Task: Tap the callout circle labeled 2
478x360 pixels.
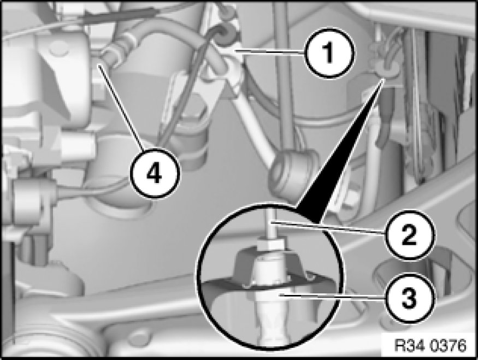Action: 409,234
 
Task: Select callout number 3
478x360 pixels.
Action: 409,298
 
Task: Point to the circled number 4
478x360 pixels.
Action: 155,174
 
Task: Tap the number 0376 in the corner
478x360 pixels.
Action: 448,346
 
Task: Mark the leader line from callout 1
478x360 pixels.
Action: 269,51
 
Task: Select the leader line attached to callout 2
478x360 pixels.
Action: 329,227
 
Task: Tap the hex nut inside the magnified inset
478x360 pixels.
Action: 271,244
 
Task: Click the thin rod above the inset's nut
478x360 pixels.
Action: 272,222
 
